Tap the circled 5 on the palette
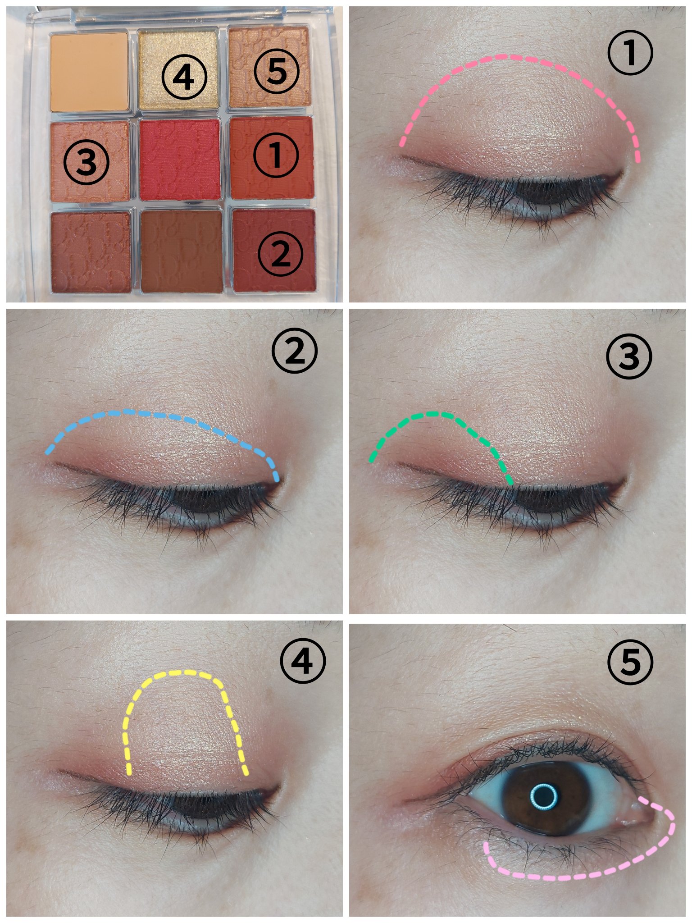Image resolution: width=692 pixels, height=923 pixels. (276, 71)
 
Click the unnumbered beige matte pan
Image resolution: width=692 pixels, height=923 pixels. (90, 72)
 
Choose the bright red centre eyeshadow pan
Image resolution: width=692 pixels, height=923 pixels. (180, 160)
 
